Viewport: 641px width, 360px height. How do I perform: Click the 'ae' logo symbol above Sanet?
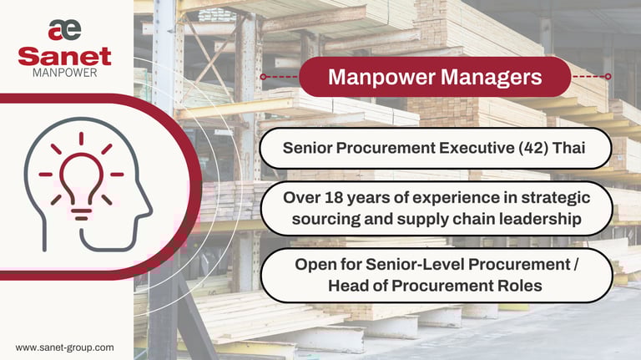64,30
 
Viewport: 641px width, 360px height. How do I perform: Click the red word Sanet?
64,57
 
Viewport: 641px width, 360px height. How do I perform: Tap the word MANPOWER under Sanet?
64,73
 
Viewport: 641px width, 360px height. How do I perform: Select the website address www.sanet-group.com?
64,347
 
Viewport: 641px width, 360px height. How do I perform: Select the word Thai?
569,148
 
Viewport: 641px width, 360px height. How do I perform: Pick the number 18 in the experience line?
334,198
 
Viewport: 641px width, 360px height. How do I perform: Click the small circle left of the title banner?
263,77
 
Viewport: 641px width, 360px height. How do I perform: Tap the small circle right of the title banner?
608,77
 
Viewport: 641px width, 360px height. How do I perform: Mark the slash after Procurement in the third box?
576,265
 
